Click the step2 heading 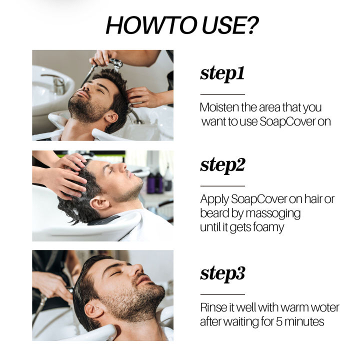click(x=222, y=165)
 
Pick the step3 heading click(x=222, y=273)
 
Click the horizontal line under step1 click(x=222, y=94)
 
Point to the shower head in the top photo click(x=115, y=63)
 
